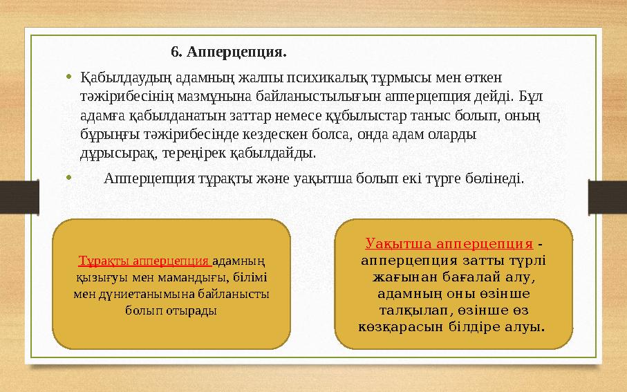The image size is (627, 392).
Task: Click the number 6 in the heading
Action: click(175, 52)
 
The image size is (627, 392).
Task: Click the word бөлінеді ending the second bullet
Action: click(496, 178)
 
